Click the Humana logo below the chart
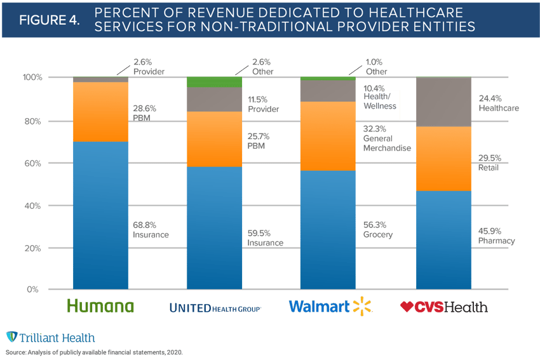(100, 307)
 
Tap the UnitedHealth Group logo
(216, 307)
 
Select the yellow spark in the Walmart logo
(363, 307)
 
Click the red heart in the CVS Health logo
(407, 307)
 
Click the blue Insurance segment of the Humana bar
(100, 216)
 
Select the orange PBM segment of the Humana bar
(100, 112)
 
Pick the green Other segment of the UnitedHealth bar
(214, 82)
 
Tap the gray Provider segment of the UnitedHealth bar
(214, 99)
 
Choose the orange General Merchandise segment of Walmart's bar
(327, 136)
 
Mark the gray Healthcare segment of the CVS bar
(443, 102)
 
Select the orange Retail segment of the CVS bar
(443, 159)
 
